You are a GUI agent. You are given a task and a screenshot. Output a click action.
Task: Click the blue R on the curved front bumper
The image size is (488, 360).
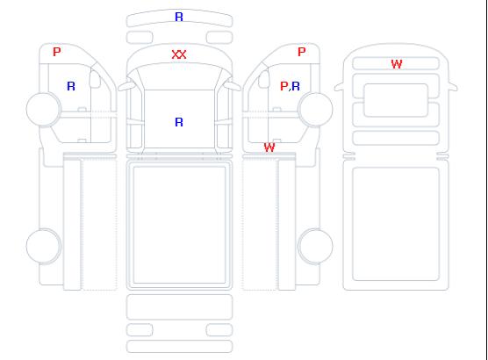tap(179, 17)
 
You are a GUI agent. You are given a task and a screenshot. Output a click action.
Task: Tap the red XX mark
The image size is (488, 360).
tap(179, 54)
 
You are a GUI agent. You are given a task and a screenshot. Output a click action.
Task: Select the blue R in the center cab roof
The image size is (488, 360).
tap(179, 122)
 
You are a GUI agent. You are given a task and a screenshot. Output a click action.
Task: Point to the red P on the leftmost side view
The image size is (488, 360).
tap(57, 52)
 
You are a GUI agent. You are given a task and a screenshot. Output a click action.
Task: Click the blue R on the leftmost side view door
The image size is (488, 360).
tap(71, 86)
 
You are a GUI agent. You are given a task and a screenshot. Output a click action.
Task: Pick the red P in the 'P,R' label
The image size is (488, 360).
tap(283, 86)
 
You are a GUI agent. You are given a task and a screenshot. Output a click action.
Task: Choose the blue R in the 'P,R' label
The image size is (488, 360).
tap(296, 86)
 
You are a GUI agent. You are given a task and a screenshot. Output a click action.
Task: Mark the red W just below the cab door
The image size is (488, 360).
tap(269, 148)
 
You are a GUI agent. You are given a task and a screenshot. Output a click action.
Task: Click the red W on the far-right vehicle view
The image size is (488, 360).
tap(397, 64)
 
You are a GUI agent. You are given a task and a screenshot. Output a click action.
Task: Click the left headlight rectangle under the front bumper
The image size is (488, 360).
tap(140, 38)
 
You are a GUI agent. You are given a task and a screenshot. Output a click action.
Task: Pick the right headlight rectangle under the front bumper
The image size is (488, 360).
tap(219, 38)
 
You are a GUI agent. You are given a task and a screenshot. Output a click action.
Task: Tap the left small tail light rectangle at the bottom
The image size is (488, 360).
tap(140, 330)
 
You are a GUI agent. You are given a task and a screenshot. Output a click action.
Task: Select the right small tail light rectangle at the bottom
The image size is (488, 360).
tap(219, 330)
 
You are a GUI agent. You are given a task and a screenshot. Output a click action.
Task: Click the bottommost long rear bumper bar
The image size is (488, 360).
tap(179, 347)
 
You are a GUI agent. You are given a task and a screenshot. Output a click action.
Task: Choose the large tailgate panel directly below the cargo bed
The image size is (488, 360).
tap(179, 307)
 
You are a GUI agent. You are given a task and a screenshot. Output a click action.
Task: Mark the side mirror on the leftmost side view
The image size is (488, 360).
tap(95, 79)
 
